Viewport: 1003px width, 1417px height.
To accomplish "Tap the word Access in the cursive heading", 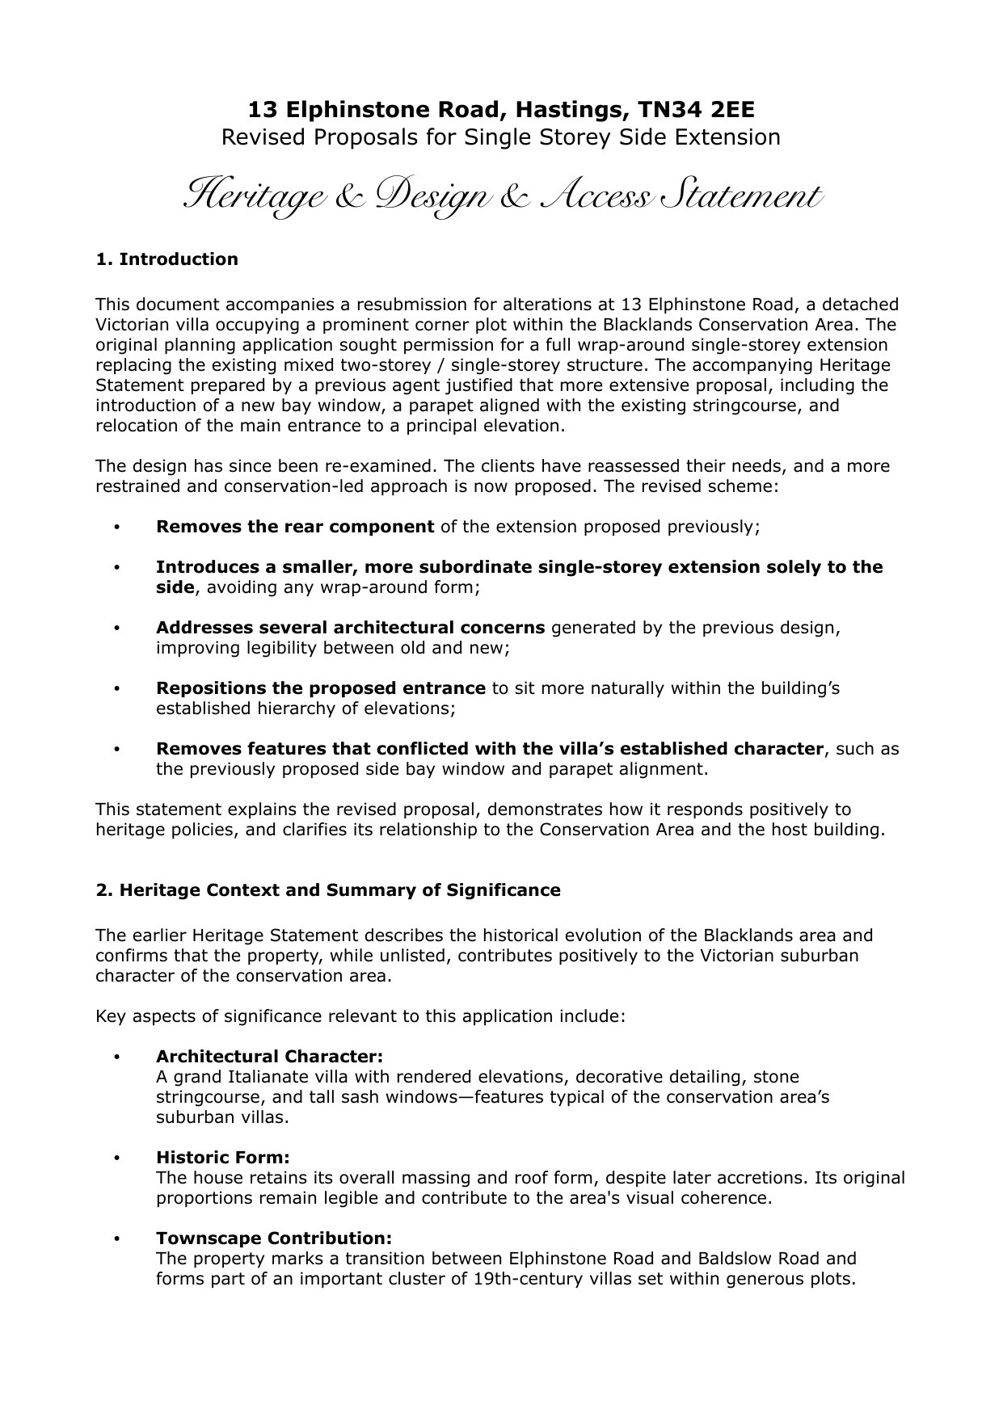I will [598, 196].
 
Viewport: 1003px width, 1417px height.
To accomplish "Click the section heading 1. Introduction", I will [166, 259].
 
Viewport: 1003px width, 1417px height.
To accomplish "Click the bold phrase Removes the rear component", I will [295, 527].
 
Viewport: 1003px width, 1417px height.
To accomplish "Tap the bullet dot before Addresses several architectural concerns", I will [118, 629].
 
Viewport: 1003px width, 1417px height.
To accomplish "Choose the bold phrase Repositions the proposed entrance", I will [321, 688].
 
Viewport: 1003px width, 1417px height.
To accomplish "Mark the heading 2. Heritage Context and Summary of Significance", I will [328, 890].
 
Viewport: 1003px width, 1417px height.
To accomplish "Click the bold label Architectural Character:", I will [269, 1057].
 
